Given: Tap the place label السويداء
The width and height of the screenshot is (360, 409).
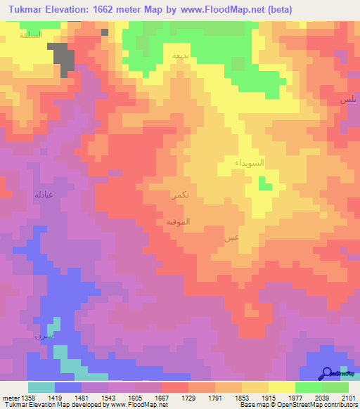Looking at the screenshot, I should [x=250, y=163].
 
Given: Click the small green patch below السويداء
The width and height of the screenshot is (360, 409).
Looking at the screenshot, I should [x=264, y=184].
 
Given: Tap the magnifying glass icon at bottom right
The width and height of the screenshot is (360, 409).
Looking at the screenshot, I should [x=328, y=373].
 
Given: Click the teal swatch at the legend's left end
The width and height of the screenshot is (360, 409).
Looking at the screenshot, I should [x=41, y=387].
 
